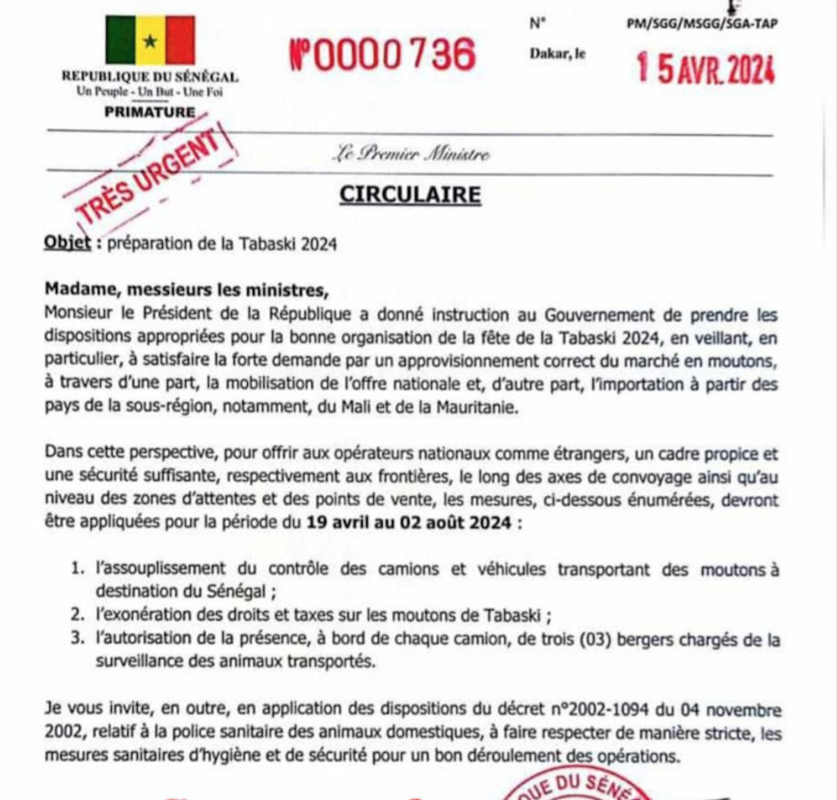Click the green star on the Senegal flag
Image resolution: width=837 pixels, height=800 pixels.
tap(149, 41)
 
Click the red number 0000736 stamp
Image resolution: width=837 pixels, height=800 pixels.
tap(383, 55)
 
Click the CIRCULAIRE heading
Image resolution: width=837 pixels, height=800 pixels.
tap(410, 195)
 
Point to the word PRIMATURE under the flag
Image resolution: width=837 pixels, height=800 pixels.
tap(149, 112)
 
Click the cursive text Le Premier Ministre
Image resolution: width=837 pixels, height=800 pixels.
tap(411, 153)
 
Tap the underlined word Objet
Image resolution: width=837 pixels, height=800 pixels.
tap(67, 244)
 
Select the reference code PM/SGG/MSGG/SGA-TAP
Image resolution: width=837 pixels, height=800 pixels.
tap(701, 24)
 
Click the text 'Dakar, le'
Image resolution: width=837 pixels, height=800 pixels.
tap(557, 55)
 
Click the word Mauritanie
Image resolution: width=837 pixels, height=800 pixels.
tap(470, 409)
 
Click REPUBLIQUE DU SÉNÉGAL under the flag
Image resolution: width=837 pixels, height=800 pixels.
tap(149, 77)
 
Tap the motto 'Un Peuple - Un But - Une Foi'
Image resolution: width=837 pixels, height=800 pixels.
tap(149, 92)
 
